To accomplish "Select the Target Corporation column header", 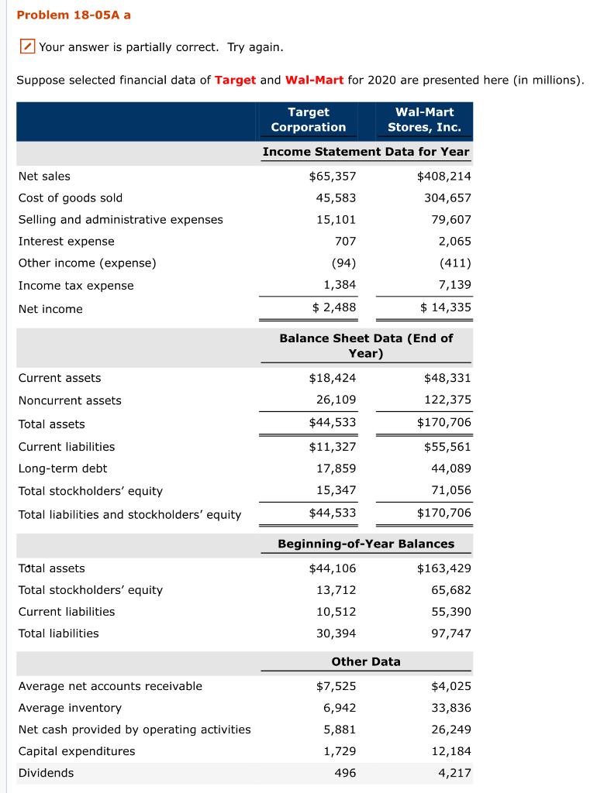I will [x=309, y=119].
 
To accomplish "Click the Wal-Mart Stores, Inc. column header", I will [x=424, y=119].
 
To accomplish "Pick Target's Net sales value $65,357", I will [x=333, y=176].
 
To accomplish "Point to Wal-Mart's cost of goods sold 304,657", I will [x=447, y=197].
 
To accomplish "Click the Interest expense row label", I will [x=66, y=241].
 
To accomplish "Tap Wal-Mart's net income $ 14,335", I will [x=445, y=307].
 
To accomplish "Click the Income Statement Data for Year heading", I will [x=366, y=152].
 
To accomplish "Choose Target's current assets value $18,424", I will [x=333, y=378].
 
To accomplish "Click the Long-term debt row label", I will [x=63, y=469].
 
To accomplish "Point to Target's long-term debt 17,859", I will [x=336, y=468].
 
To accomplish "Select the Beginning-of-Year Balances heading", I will [x=366, y=544].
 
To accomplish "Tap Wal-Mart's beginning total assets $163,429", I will [x=444, y=568].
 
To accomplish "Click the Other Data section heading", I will [x=366, y=661].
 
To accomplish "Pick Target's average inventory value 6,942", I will [x=340, y=708].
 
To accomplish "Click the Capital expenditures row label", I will [x=77, y=751].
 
